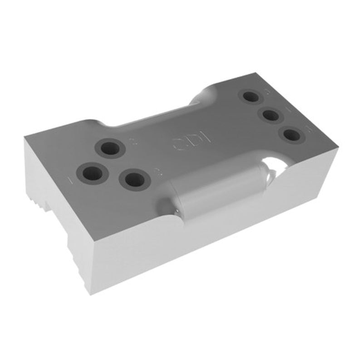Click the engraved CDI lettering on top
pos(185,142)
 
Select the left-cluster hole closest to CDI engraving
pos(110,148)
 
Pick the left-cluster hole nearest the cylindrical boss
pos(134,180)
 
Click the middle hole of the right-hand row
pos(271,115)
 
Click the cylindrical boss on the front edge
pos(213,191)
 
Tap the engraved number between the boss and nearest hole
pos(157,172)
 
